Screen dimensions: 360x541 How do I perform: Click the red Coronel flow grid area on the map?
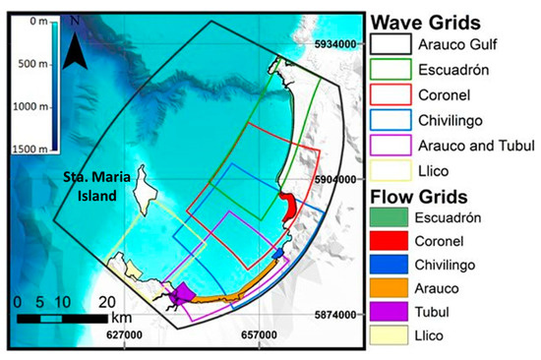coord(288,209)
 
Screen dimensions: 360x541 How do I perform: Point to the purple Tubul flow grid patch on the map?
coord(181,294)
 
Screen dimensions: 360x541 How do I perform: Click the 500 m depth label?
coord(34,64)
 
